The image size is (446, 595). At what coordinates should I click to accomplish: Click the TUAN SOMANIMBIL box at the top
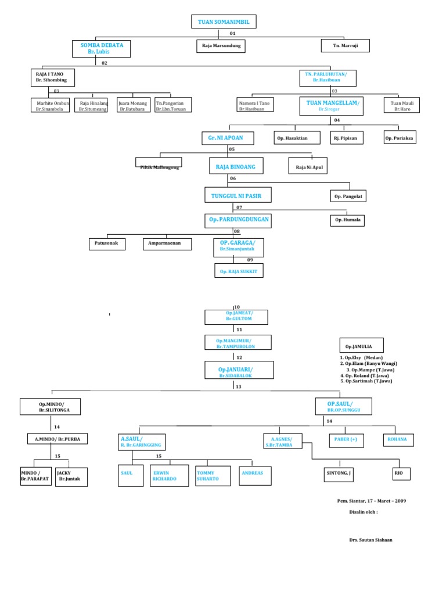(223, 22)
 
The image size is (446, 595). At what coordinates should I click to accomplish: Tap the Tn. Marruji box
(345, 45)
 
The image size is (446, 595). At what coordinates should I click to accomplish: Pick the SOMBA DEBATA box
(102, 48)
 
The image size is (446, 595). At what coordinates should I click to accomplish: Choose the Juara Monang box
(134, 105)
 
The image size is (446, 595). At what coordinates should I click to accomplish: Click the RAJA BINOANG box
(232, 167)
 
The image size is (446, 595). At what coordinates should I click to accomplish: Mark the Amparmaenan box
(167, 244)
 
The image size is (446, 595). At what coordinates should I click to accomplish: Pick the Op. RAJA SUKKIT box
(239, 271)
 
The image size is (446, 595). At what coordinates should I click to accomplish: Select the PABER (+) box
(346, 440)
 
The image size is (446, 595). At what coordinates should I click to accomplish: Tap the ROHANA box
(398, 440)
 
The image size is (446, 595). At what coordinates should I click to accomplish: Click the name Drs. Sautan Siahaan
(371, 539)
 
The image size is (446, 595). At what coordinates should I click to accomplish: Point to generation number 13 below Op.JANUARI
(238, 386)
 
